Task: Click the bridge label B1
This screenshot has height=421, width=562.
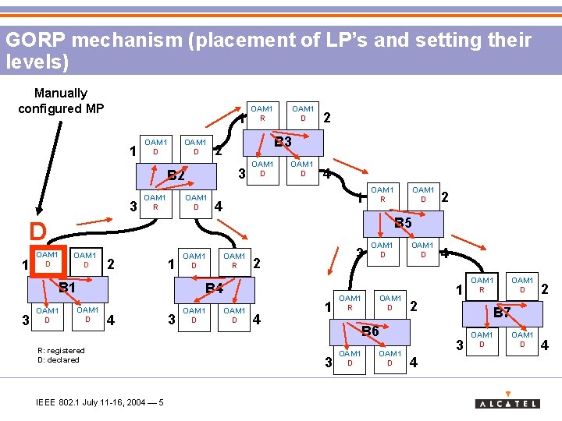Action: point(68,288)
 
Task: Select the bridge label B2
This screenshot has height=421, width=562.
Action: point(176,175)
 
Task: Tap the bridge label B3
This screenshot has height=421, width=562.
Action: point(283,142)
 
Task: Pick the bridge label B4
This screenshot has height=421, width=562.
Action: point(214,290)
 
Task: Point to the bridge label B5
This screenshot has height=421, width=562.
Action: point(403,225)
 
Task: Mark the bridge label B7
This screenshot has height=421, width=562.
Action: point(502,313)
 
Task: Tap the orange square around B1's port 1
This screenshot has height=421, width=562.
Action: point(47,260)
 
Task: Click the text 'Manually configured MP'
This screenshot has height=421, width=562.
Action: point(61,101)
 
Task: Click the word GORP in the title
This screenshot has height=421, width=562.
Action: point(31,41)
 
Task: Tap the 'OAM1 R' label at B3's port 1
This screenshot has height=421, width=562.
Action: point(262,113)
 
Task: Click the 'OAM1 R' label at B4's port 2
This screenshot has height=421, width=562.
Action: point(234,260)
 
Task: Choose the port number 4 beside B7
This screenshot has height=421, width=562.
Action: point(544,344)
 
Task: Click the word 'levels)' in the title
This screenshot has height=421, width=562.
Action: point(37,62)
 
